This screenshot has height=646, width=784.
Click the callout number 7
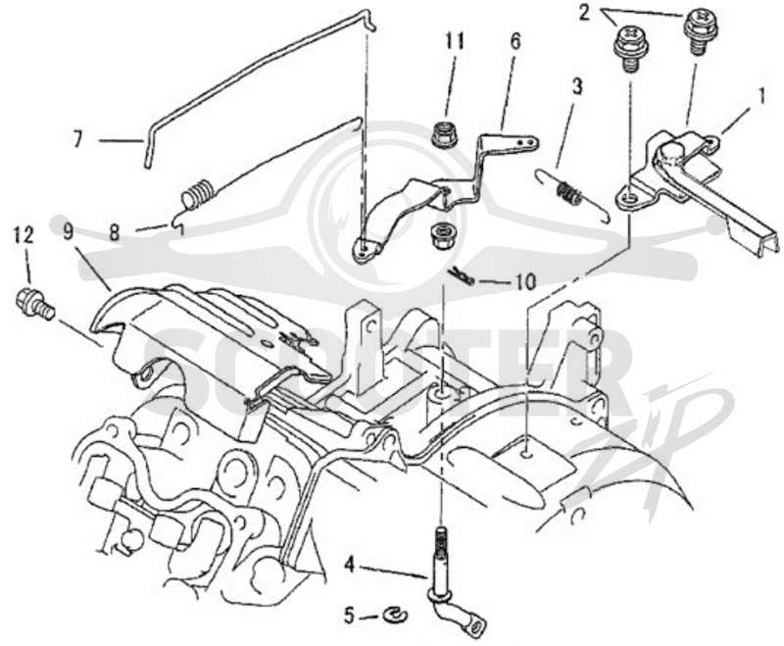tap(78, 140)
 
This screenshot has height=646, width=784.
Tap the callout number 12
tap(24, 235)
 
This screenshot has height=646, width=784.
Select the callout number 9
tap(69, 232)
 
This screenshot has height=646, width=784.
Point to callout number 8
tap(115, 233)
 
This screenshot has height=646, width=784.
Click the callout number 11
tap(455, 41)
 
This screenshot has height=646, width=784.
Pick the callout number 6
tap(515, 41)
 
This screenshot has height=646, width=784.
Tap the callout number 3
tap(577, 86)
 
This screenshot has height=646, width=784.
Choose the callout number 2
tap(584, 13)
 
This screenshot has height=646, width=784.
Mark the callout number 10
tap(525, 281)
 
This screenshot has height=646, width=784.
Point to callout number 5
tap(350, 616)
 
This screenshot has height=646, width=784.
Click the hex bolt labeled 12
tap(35, 304)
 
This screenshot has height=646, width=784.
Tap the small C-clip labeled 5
tap(396, 615)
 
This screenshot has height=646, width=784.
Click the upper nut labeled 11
tap(443, 135)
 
